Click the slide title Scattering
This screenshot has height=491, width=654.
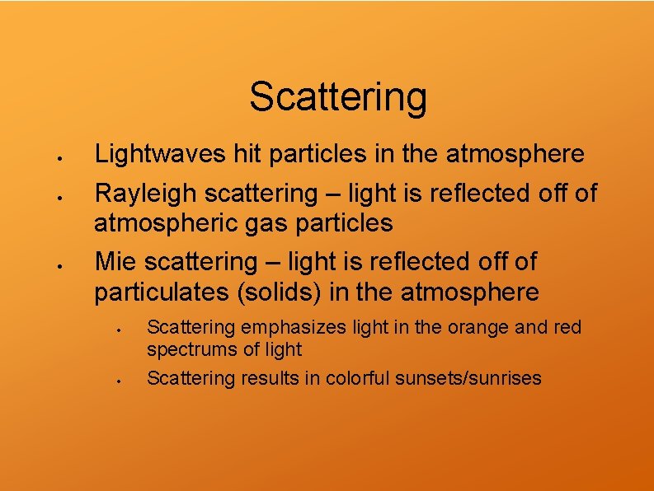338,97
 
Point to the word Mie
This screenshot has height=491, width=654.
116,262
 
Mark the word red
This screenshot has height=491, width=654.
567,328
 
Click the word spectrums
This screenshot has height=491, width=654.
190,349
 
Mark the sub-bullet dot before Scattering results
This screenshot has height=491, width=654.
120,381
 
